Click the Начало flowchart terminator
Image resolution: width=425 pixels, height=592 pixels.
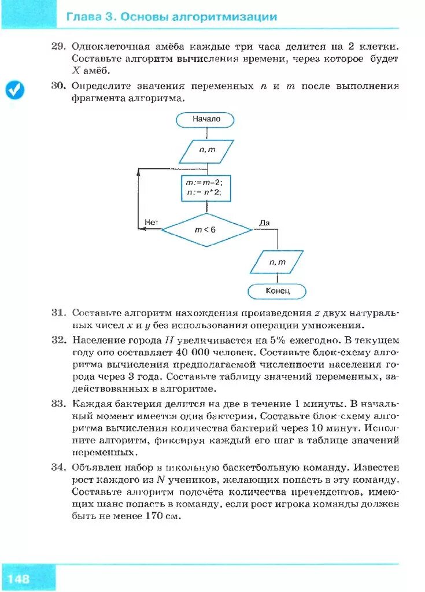pyautogui.click(x=206, y=120)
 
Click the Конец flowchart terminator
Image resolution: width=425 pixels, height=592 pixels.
pyautogui.click(x=277, y=291)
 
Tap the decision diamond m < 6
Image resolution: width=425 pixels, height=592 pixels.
pyautogui.click(x=206, y=230)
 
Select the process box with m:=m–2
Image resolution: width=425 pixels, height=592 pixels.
pyautogui.click(x=205, y=188)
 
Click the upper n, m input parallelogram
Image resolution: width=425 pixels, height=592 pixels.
pyautogui.click(x=206, y=151)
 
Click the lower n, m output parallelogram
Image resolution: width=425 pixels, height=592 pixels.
pyautogui.click(x=277, y=262)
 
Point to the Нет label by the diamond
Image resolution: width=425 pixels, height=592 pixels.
pyautogui.click(x=151, y=222)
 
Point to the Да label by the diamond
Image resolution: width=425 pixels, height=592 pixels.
pyautogui.click(x=264, y=222)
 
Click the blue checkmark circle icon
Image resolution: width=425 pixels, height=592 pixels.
pyautogui.click(x=15, y=90)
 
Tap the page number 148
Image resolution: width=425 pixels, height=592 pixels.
pyautogui.click(x=19, y=579)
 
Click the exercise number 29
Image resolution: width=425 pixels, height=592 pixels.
pyautogui.click(x=59, y=46)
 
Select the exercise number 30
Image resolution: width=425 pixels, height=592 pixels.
pyautogui.click(x=59, y=86)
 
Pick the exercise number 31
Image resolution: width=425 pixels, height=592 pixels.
pyautogui.click(x=59, y=313)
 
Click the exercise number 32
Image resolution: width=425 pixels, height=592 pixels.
pyautogui.click(x=59, y=340)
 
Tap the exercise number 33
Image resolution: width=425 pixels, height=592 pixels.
pyautogui.click(x=59, y=403)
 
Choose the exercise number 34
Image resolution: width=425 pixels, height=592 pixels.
pyautogui.click(x=59, y=467)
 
